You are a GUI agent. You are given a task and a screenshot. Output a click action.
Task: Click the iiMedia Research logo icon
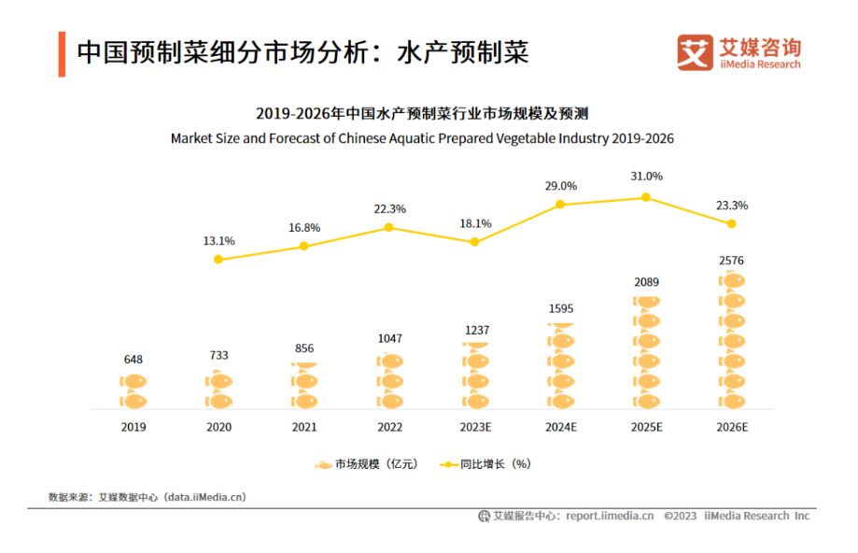click(x=694, y=53)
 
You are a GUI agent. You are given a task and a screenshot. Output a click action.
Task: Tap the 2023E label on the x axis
click(x=474, y=427)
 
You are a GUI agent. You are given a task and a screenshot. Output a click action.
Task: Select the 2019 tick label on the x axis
click(x=134, y=427)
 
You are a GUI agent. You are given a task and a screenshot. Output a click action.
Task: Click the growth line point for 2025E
click(x=645, y=197)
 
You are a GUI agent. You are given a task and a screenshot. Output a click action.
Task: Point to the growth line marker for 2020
click(x=218, y=259)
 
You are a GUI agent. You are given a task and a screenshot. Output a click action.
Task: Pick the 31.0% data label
click(x=645, y=176)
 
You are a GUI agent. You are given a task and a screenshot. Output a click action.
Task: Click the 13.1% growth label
click(x=218, y=240)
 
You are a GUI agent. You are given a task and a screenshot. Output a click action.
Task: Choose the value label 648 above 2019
click(x=134, y=360)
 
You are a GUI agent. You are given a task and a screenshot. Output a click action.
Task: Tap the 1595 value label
click(x=560, y=308)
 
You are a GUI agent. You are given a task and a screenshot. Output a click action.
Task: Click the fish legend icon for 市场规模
click(x=323, y=464)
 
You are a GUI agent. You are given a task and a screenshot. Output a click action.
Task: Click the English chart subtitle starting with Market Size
click(x=422, y=138)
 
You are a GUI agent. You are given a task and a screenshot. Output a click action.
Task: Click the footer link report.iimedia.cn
click(x=609, y=516)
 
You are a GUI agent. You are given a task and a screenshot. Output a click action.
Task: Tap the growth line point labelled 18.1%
click(x=474, y=242)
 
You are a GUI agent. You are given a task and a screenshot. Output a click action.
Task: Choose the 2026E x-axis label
click(x=731, y=427)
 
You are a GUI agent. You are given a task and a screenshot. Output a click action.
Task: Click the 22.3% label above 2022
click(x=389, y=208)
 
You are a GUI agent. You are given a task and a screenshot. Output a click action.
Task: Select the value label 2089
click(x=645, y=283)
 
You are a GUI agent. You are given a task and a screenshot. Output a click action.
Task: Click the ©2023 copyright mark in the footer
click(x=680, y=516)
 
